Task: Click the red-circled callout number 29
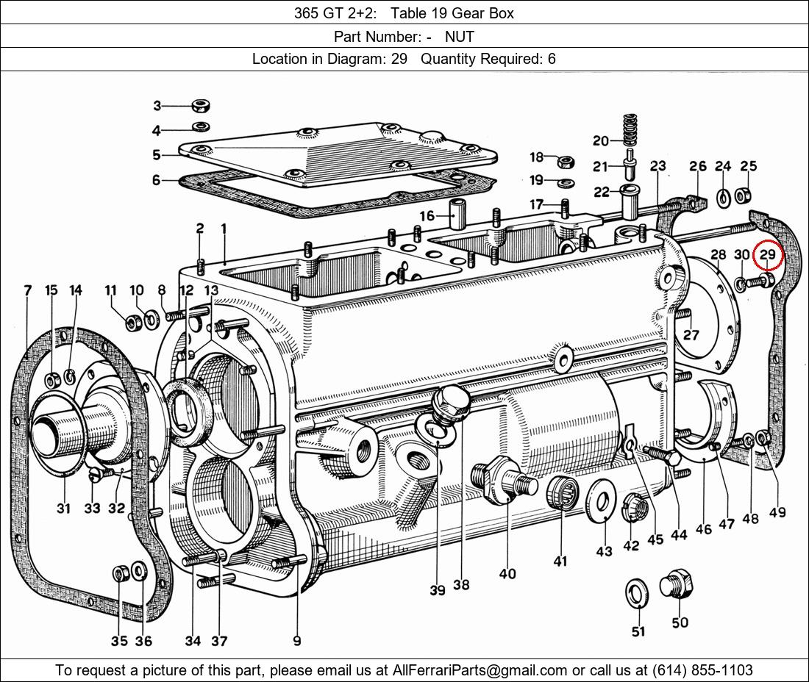(767, 255)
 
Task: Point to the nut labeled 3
(199, 105)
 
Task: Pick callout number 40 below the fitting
(507, 574)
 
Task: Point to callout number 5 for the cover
(157, 155)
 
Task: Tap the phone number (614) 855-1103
(702, 670)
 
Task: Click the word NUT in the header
(460, 36)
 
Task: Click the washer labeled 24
(723, 196)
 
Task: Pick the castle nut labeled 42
(632, 506)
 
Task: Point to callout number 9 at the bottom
(296, 641)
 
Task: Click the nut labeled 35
(120, 572)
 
